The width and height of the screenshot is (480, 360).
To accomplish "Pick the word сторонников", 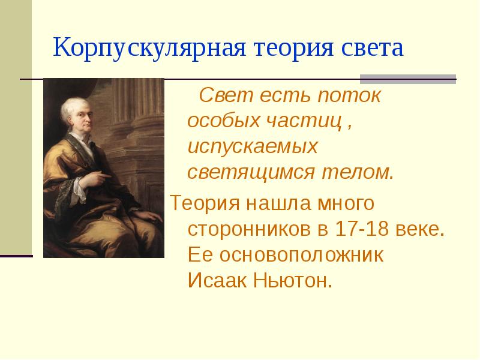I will click(251, 229).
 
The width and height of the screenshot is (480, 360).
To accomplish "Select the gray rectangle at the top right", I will click(407, 79).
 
